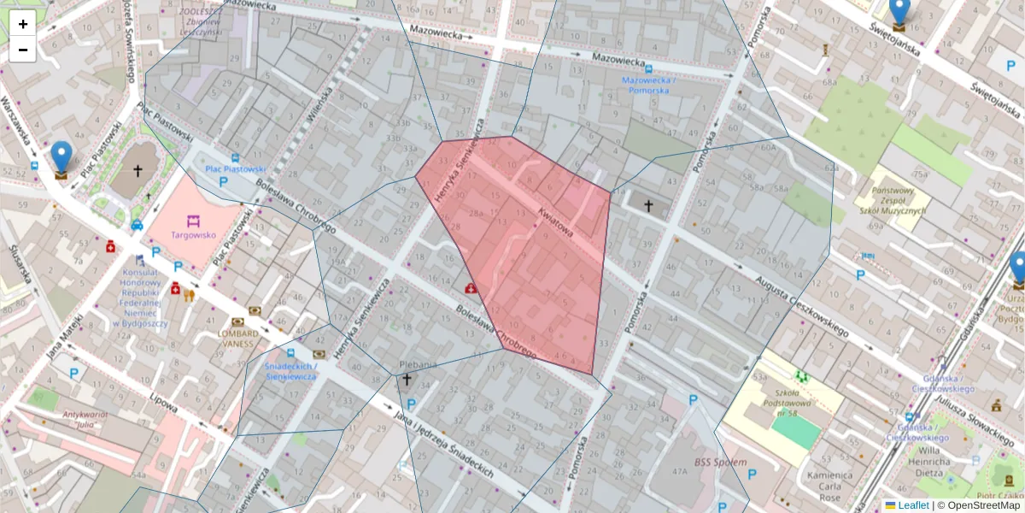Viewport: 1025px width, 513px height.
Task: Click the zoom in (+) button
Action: [x=23, y=25]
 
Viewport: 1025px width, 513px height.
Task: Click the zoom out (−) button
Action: [x=23, y=50]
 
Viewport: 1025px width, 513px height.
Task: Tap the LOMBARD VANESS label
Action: [x=236, y=338]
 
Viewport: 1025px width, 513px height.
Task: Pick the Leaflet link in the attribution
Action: [x=913, y=505]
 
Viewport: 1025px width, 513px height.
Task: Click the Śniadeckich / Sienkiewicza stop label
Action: [x=291, y=370]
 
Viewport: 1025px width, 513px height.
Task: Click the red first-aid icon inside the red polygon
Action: [x=471, y=289]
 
